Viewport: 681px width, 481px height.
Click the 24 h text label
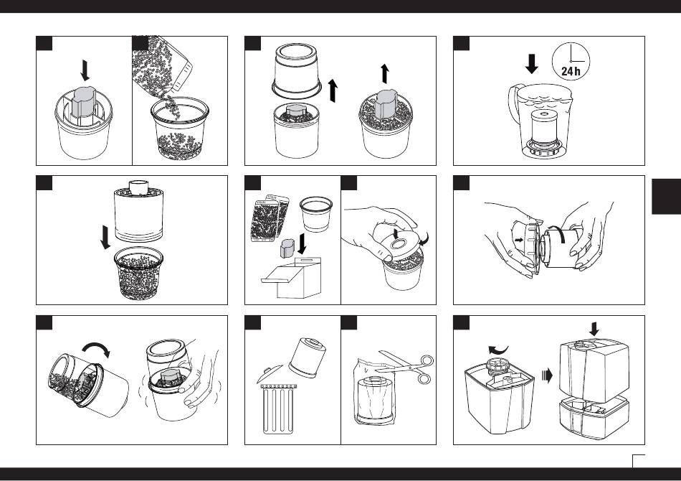571,71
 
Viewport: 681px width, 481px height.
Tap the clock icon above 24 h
571,61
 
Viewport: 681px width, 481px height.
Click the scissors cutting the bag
405,367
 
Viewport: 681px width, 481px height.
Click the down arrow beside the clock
532,64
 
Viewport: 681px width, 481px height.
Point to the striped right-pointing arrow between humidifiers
547,375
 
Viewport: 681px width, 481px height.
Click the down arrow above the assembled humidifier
594,329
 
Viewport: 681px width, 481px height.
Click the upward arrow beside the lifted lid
333,90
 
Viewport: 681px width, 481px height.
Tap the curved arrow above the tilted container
96,348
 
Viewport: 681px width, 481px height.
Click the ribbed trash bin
279,408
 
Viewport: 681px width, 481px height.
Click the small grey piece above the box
287,248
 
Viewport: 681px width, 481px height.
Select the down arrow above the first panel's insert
85,70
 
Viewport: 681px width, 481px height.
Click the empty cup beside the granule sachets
315,213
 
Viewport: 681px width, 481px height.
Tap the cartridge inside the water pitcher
544,126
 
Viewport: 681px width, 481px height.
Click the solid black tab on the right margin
666,196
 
